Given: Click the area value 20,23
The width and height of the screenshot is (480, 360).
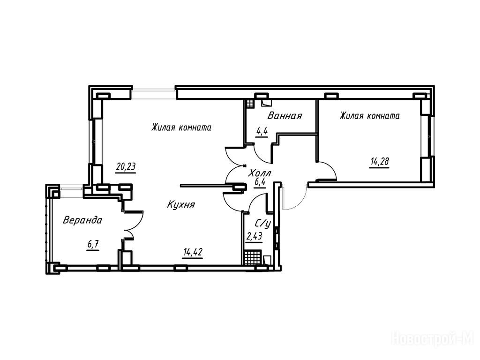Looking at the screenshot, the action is [126, 167].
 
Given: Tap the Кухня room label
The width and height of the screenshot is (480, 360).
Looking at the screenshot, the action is [181, 204].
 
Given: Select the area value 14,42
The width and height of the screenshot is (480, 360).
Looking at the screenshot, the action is [193, 253].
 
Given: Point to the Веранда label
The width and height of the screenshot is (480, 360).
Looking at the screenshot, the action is [82, 220].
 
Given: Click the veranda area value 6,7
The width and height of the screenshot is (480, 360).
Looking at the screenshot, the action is [93, 245].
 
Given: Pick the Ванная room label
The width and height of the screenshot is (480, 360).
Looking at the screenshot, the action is [285, 116].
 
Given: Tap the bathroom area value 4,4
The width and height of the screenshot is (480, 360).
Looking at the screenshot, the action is [262, 132].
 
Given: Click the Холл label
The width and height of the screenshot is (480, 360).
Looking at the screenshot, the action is [260, 173].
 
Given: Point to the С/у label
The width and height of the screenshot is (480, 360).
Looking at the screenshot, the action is [262, 224].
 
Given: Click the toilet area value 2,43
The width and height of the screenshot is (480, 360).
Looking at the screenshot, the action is [254, 236].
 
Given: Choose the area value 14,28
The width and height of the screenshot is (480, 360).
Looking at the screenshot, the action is [380, 161].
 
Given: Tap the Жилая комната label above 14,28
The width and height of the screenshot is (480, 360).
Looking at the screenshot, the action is [369, 116].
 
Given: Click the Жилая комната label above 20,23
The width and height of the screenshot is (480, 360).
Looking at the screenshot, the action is [181, 127].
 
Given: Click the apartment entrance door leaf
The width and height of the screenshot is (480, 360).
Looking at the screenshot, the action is [284, 197].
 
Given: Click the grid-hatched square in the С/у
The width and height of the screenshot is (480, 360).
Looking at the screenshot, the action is [253, 257].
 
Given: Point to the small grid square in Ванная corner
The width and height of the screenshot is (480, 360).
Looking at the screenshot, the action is [250, 104].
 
